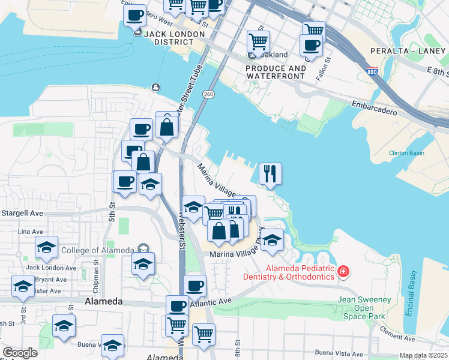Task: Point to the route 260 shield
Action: click(x=208, y=94)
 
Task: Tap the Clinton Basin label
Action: click(x=406, y=153)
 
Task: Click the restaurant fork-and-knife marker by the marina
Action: click(x=270, y=173)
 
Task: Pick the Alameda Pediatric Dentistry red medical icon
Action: click(x=343, y=272)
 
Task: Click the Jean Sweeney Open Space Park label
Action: click(x=364, y=308)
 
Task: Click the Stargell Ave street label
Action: click(x=22, y=213)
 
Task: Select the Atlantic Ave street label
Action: click(x=211, y=303)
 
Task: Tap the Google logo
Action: click(x=20, y=353)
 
